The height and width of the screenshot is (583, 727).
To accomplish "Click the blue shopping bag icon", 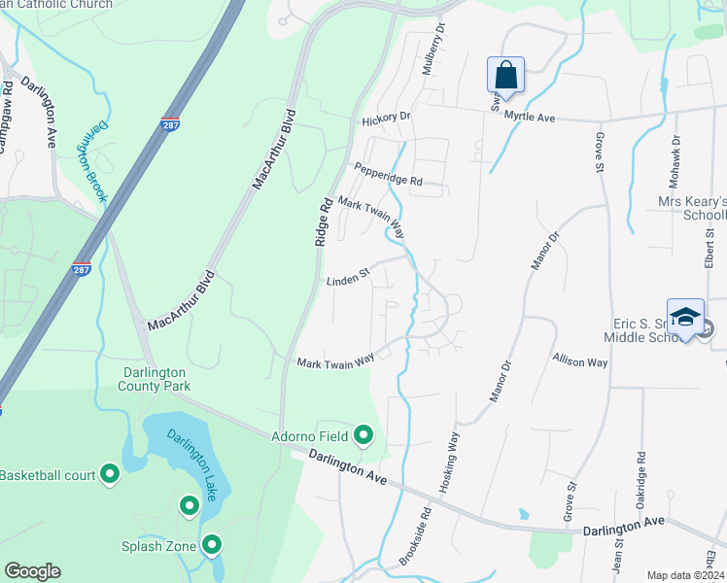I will pos(505,75).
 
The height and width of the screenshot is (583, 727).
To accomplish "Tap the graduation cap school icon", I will pos(685,319).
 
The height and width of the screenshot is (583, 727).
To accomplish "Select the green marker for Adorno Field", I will pos(363,434).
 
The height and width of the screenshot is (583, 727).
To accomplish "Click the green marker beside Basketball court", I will pos(110,475).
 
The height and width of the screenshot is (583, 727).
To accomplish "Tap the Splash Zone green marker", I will pos(211,546).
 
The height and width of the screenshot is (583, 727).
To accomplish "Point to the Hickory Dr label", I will pos(386,119).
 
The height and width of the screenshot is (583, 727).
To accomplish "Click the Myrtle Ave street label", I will pos(529,117).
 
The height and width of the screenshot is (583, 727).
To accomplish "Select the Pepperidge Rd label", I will pos(388,174).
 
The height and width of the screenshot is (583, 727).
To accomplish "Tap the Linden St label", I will pos(348,278).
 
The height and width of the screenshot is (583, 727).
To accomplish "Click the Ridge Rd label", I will pos(323,222).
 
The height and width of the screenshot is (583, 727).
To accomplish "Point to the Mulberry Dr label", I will pos(439,43).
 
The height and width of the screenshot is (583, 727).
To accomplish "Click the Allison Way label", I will pos(580,361).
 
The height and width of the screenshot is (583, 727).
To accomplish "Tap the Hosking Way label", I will pos(451,463).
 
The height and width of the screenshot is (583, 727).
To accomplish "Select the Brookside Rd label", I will pos(414,535).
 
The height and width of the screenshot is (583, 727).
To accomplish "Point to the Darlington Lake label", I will pos(191,465).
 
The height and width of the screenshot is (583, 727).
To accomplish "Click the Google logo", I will pos(32,571).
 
